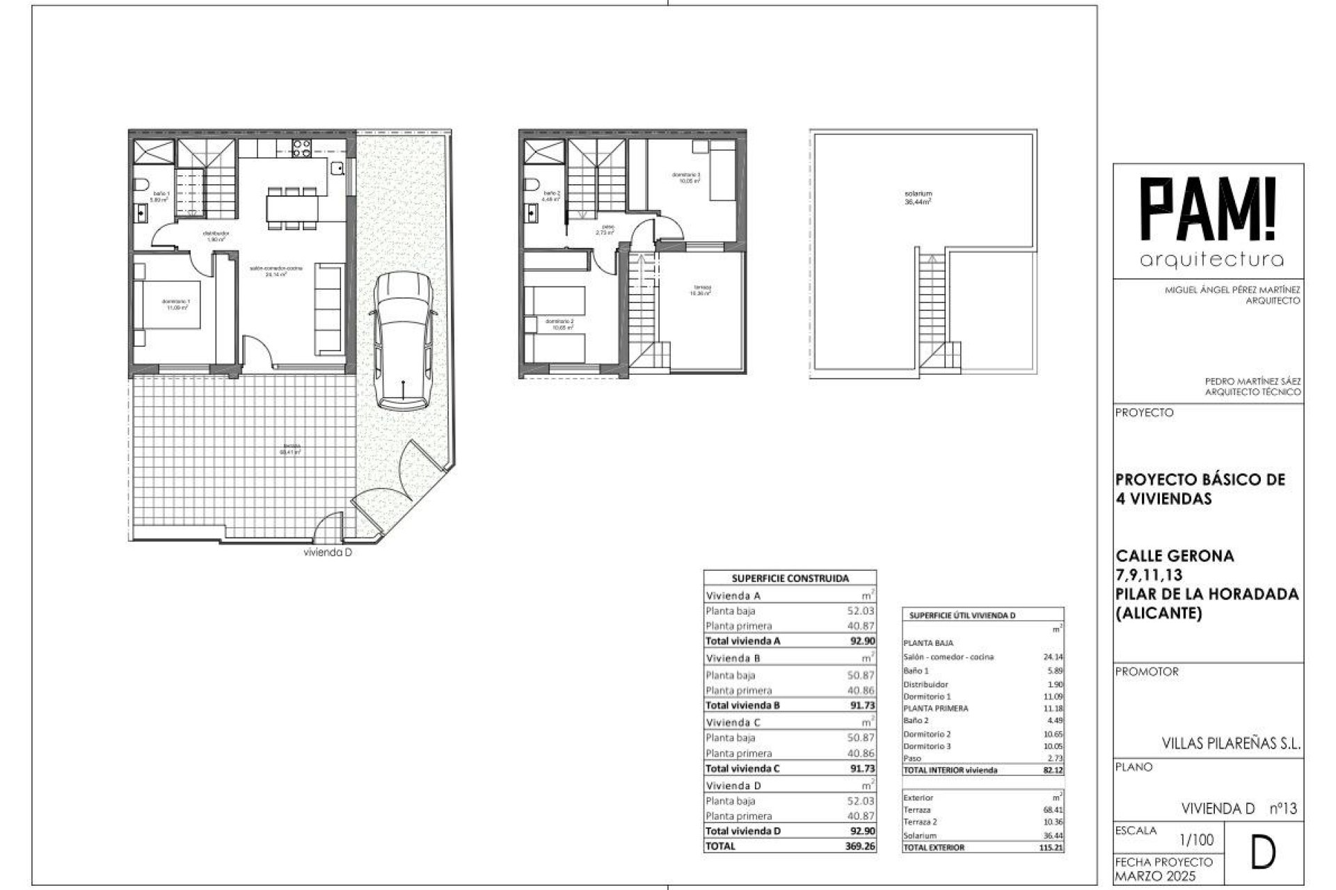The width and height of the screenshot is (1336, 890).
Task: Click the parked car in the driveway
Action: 403,341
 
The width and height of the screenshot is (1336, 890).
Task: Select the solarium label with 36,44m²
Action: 918,197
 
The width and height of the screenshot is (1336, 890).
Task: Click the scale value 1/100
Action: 1197,840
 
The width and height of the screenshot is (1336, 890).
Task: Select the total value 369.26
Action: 860,846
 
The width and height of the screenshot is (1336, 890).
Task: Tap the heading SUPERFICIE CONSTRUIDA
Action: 790,578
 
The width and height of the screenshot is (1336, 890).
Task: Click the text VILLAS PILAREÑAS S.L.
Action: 1231,743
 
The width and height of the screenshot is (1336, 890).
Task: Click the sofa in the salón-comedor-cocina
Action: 330,309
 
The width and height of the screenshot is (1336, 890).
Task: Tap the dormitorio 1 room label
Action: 175,303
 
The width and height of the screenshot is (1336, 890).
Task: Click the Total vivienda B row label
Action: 742,705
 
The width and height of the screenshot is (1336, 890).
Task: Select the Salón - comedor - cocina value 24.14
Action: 1053,656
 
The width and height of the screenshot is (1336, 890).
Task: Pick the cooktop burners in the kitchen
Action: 301,148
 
